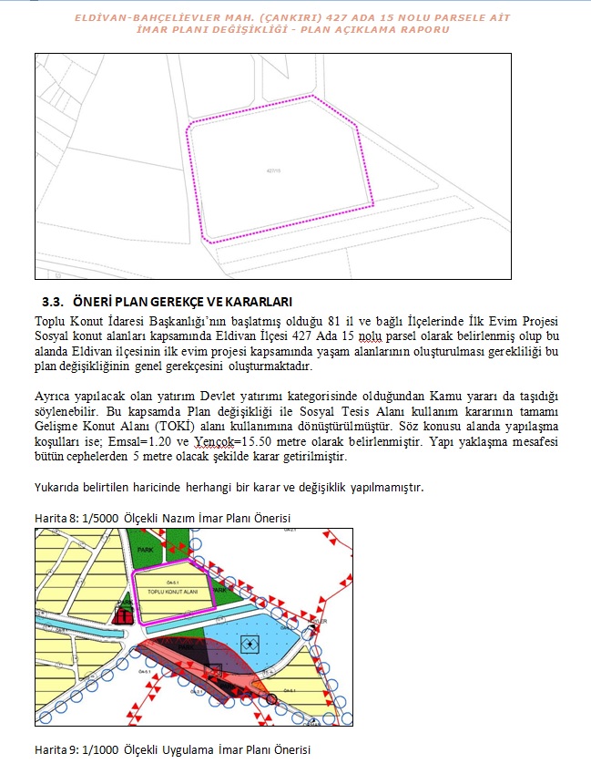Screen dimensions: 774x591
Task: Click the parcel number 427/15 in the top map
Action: [x=273, y=170]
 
